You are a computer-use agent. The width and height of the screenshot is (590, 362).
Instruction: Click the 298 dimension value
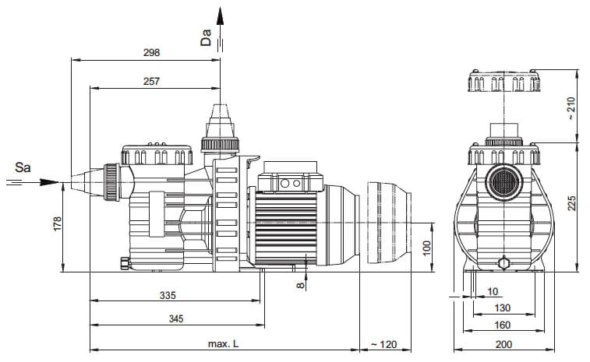[151, 53]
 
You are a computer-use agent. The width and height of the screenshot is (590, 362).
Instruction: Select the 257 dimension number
[151, 81]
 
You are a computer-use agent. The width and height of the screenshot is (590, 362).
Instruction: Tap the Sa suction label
[23, 167]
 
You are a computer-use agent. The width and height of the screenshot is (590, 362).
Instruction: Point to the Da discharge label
[206, 37]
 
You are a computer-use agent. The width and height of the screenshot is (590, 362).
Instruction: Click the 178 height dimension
[57, 223]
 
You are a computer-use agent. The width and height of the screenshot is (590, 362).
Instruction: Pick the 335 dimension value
[168, 296]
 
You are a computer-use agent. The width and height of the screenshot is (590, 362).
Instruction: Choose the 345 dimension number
[175, 319]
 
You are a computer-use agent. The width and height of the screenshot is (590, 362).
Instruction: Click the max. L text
[223, 344]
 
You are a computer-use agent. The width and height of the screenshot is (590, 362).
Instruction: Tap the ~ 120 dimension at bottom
[383, 344]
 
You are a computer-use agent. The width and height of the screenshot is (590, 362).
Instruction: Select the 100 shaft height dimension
[426, 248]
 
